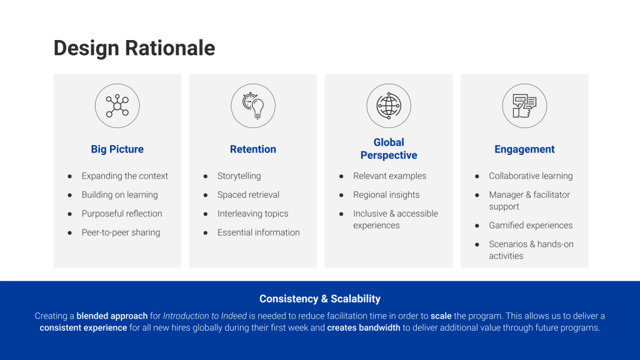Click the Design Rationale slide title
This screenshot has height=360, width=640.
click(x=134, y=48)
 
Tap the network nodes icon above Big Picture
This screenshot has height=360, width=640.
click(x=117, y=106)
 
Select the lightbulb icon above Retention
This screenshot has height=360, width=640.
click(x=253, y=106)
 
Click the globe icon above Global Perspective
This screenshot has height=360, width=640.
click(x=389, y=106)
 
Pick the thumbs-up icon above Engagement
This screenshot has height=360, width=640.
click(x=524, y=106)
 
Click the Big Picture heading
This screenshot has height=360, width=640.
click(x=117, y=149)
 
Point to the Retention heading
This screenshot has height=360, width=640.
click(x=253, y=149)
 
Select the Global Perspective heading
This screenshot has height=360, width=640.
click(x=389, y=149)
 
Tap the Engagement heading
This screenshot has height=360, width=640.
click(x=524, y=149)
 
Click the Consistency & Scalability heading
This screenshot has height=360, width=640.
click(x=320, y=299)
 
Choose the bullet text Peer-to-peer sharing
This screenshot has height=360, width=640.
click(x=121, y=232)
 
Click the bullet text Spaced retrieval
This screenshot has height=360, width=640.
click(x=248, y=195)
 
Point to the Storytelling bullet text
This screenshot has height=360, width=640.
click(x=239, y=176)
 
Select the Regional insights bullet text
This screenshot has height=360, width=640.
click(x=386, y=195)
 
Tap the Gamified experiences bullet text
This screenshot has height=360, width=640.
click(x=531, y=225)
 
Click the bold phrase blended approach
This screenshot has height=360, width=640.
click(x=112, y=316)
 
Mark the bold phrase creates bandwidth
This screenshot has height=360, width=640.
click(x=364, y=327)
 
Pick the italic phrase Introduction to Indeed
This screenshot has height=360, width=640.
click(x=205, y=316)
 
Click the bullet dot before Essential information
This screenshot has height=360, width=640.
click(x=206, y=232)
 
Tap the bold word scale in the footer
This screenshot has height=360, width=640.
click(x=441, y=316)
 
